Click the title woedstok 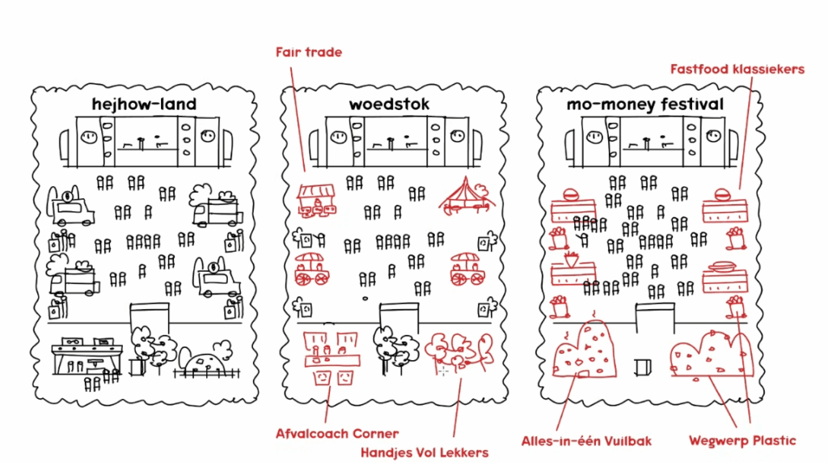point(389,104)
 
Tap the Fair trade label point(309,53)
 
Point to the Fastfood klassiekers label point(737,70)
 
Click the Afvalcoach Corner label point(337,434)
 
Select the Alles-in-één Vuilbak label point(586,441)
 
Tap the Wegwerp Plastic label point(742,441)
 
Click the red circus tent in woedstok point(464,196)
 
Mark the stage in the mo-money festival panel point(656,141)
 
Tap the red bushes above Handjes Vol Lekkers point(458,350)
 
